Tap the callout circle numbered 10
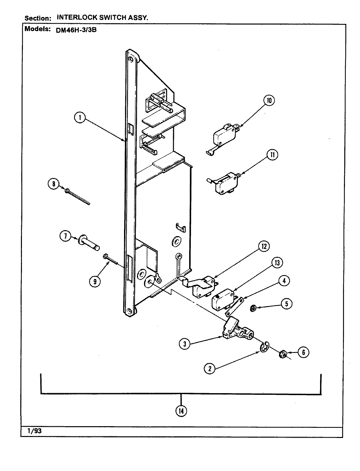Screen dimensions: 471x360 (x=269, y=100)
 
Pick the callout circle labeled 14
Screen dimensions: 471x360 (x=181, y=411)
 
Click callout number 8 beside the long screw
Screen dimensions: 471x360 (x=53, y=184)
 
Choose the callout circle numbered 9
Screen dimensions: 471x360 (x=95, y=282)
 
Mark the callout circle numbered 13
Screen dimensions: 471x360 (x=277, y=263)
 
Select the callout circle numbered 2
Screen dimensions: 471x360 (x=210, y=369)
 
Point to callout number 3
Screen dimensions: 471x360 (x=185, y=344)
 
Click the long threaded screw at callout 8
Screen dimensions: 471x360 (x=78, y=197)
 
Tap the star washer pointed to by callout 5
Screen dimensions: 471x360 (x=253, y=307)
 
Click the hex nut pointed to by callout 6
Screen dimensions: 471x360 (x=283, y=354)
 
